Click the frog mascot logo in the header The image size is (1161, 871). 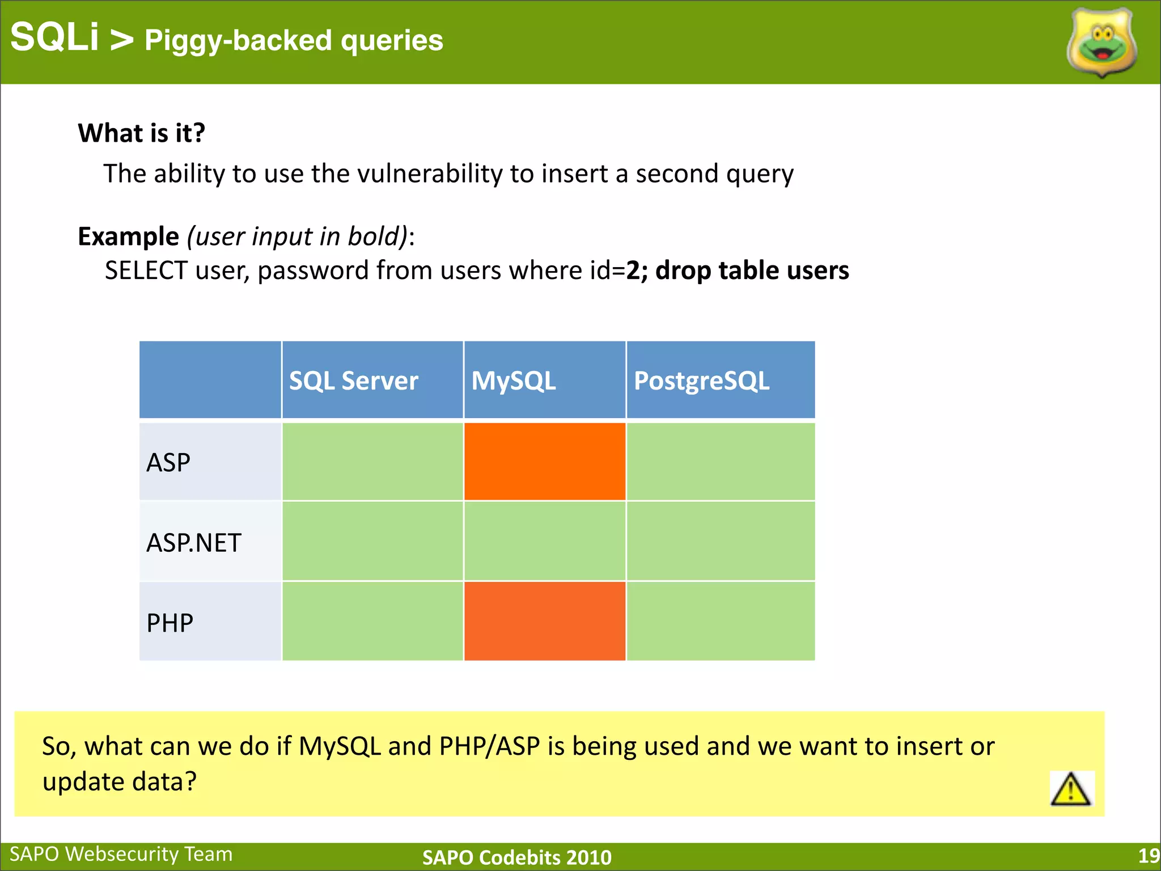click(1101, 43)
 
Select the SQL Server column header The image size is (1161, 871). click(354, 380)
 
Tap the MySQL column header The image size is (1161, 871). click(514, 380)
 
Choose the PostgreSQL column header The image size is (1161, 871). click(701, 380)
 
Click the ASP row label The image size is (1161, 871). click(168, 463)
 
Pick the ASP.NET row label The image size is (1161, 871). click(194, 543)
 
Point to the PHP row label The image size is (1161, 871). click(170, 623)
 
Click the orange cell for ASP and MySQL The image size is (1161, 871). click(544, 462)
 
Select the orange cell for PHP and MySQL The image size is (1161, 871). click(544, 621)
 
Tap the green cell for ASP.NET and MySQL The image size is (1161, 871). click(544, 541)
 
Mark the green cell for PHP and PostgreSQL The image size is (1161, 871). click(721, 621)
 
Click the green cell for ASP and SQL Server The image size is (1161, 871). click(372, 462)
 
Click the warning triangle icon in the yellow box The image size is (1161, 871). click(1070, 789)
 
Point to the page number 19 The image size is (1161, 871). click(1149, 856)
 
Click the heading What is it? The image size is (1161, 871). click(142, 133)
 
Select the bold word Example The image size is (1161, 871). click(129, 236)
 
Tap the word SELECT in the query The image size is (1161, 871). click(146, 270)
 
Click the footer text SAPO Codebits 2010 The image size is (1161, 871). click(516, 857)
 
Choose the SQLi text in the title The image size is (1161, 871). click(54, 37)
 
